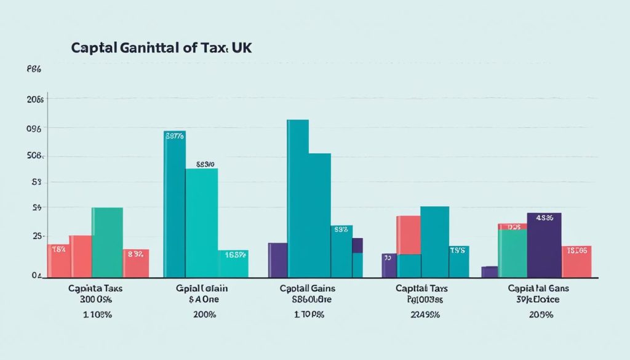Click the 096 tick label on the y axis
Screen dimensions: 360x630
point(34,129)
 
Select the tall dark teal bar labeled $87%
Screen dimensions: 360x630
point(174,203)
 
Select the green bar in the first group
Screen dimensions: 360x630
point(107,242)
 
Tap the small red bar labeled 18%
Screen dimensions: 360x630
point(58,260)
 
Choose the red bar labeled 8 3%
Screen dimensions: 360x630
point(136,263)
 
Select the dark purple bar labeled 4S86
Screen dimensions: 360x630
point(544,245)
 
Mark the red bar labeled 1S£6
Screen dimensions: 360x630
point(576,261)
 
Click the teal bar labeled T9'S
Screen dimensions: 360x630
point(459,262)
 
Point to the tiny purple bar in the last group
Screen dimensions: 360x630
point(489,271)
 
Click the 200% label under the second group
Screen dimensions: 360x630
point(204,314)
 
